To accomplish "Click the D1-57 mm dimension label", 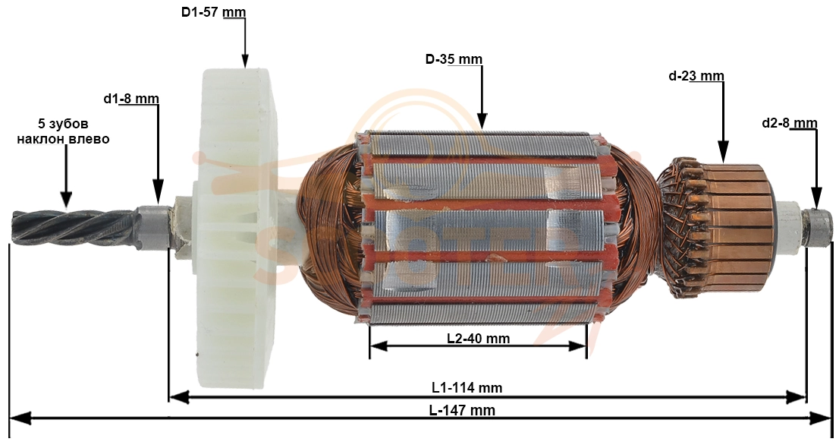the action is [213, 12].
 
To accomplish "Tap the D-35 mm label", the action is [454, 59].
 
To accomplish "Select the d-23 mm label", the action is [696, 76].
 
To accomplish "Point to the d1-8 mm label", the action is [131, 99].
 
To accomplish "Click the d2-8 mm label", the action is [790, 124].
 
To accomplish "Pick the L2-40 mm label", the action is [479, 339].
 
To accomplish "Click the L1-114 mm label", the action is [467, 387].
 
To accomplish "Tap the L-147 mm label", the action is [462, 411].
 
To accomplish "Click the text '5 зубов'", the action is [63, 124].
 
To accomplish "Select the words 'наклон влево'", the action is [63, 139].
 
